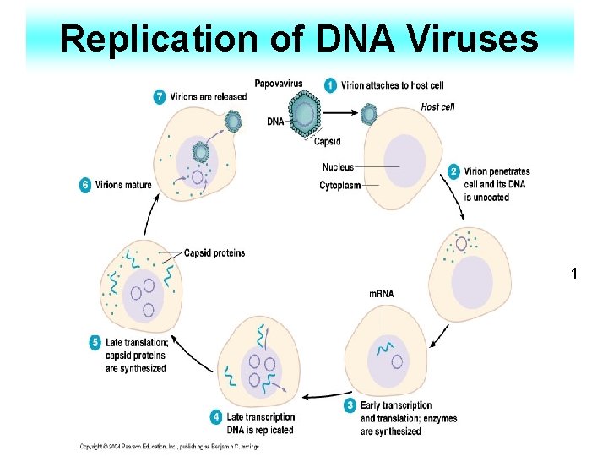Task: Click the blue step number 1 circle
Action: [x=331, y=85]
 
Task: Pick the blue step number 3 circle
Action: [x=350, y=406]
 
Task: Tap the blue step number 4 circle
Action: [x=216, y=417]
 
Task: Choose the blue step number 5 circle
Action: [x=95, y=343]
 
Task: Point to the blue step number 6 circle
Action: [x=85, y=185]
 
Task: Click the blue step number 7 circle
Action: [x=160, y=96]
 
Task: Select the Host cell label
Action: [x=437, y=106]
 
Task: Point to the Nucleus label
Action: [x=338, y=167]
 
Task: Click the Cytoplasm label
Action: [x=340, y=185]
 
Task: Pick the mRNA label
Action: [x=382, y=293]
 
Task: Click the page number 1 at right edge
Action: [x=574, y=274]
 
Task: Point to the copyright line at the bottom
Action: [x=169, y=446]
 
